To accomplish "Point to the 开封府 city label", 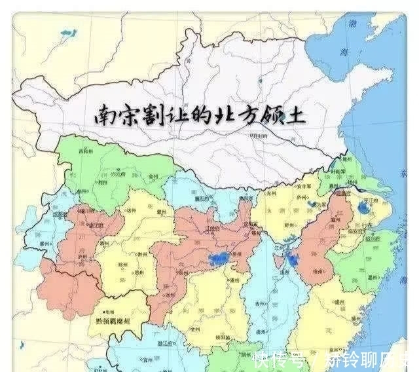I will pos(257,136).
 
